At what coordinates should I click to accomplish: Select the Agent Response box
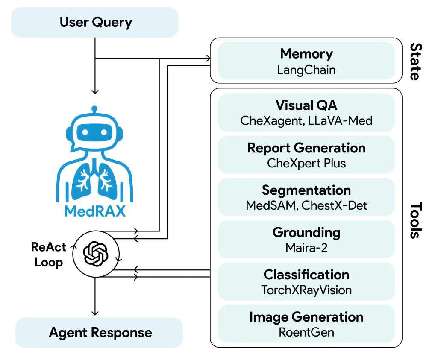coord(99,332)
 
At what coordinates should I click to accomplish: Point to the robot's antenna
coord(94,110)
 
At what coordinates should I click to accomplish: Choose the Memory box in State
coord(306,61)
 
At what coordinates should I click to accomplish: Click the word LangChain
coord(306,69)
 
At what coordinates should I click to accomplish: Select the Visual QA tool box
coord(306,112)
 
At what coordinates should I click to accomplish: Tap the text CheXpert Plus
coord(306,163)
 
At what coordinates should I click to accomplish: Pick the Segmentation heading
coord(306,190)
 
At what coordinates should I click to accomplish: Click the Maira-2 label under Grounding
coord(306,247)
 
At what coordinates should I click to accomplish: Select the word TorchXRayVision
coord(306,290)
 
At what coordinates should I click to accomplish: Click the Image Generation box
coord(306,323)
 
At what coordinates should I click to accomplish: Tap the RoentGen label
coord(306,332)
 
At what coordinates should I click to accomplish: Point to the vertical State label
coord(414,61)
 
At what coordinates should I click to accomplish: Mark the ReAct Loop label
coord(48,255)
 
